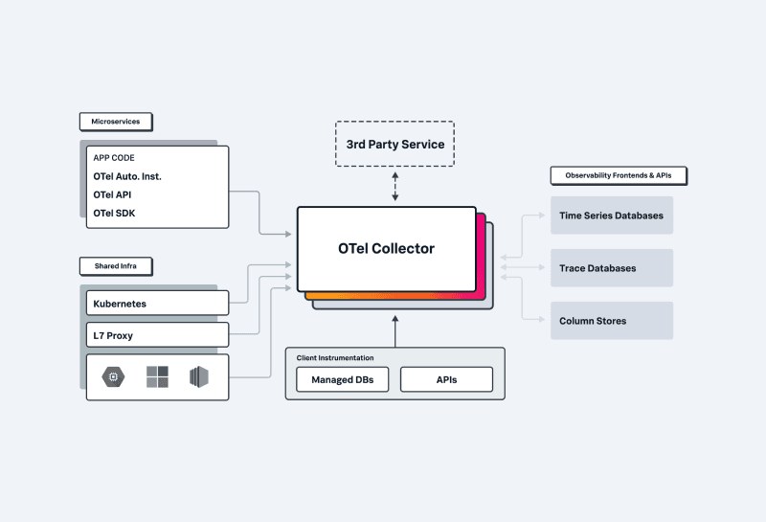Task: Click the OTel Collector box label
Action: point(386,248)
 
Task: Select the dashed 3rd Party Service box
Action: point(394,144)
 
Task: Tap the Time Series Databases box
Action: point(611,216)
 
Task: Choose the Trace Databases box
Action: point(611,268)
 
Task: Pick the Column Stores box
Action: point(611,321)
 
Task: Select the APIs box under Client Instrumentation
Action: point(446,380)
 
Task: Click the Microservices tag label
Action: point(116,123)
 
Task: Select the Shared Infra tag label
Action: point(116,265)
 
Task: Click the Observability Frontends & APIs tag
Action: point(619,176)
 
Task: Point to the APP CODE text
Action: point(114,158)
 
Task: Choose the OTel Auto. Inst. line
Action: point(127,176)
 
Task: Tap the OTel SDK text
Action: point(114,213)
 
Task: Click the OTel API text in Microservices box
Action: point(113,194)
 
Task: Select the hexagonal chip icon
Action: point(115,376)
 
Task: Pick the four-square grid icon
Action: point(157,376)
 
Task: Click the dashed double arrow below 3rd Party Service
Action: point(394,187)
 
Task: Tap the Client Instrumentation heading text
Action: point(335,357)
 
